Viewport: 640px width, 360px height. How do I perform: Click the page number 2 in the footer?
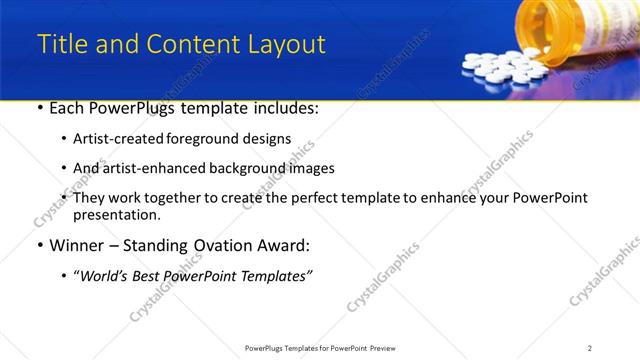(590, 347)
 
